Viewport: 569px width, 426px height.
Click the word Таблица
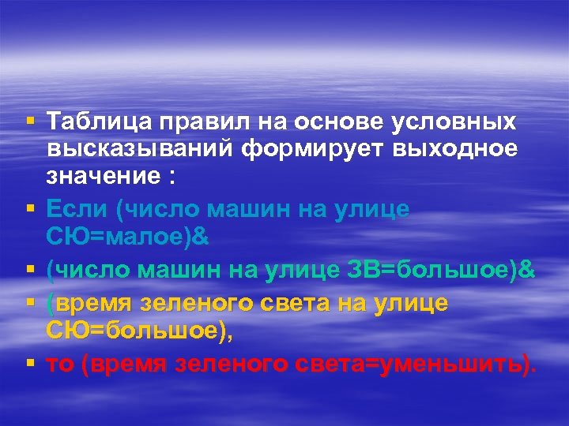tap(98, 123)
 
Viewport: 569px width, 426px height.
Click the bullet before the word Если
tap(29, 209)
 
